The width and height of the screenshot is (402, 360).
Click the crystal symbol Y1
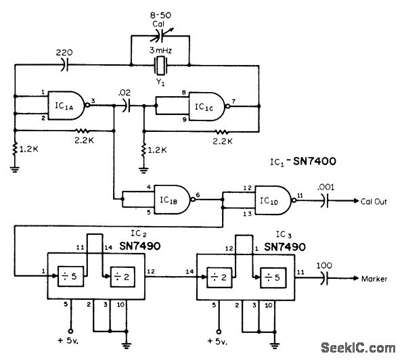coord(160,66)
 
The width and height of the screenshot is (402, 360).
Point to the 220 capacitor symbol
coord(65,66)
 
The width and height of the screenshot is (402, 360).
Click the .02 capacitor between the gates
coord(127,106)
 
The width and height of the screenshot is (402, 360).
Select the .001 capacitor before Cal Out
coord(326,202)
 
